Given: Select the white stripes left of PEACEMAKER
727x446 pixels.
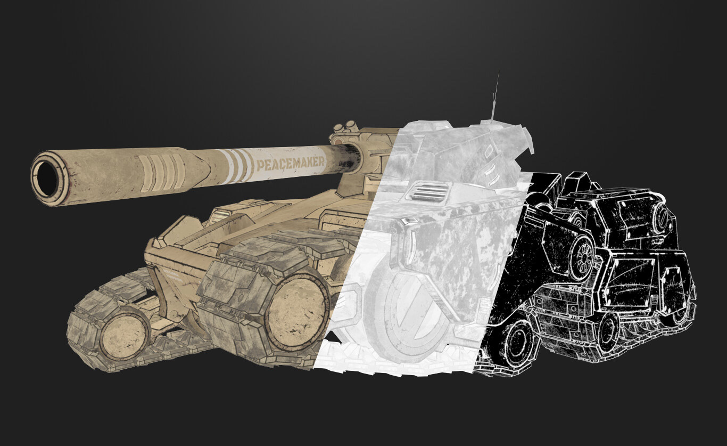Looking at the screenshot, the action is click(236, 166).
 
